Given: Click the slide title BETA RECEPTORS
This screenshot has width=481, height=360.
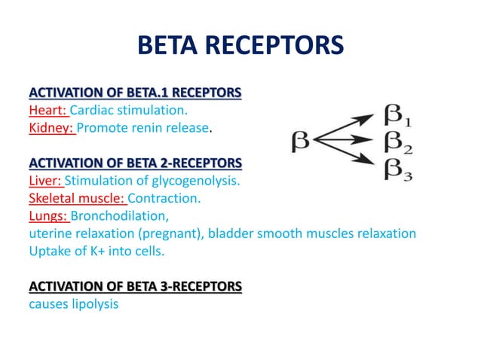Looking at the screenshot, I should (x=240, y=46).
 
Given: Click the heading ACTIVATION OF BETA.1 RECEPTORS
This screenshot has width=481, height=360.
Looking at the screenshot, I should (x=135, y=93).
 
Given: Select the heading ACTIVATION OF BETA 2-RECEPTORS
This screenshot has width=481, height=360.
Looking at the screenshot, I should (x=135, y=163).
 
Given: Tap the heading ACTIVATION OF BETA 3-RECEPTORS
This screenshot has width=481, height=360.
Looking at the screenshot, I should (x=135, y=286).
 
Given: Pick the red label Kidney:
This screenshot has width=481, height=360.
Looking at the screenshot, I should (x=51, y=128).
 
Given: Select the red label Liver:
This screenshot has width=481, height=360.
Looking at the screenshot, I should (x=46, y=181).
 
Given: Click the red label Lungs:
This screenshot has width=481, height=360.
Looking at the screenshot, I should (x=48, y=216).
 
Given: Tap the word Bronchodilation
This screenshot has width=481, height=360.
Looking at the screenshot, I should (x=118, y=216).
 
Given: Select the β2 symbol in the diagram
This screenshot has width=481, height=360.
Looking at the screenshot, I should (x=398, y=141).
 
